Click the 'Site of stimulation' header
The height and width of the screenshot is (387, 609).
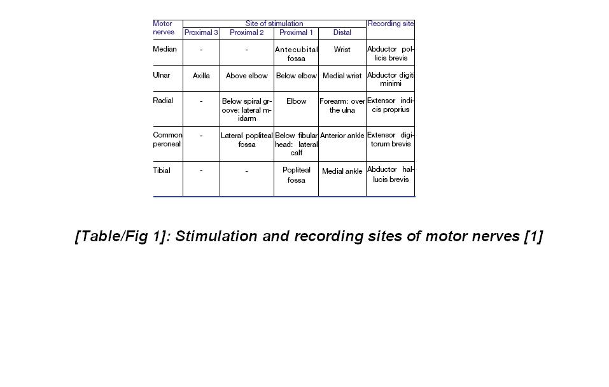point(274,24)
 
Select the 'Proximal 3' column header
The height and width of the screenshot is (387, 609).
point(201,32)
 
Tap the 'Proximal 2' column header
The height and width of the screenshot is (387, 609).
point(247,32)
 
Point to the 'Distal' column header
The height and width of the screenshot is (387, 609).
point(342,32)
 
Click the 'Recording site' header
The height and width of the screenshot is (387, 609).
point(391,24)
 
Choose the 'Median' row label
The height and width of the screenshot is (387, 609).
point(165,49)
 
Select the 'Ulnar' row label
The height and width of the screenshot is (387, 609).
point(162,75)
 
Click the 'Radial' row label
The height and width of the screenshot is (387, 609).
point(163,101)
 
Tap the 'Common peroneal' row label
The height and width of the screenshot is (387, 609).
point(167,139)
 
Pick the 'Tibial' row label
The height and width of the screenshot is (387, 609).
point(162,171)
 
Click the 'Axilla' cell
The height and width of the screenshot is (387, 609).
point(201,76)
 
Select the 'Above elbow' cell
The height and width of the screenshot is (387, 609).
point(247,76)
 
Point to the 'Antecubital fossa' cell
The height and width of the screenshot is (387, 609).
point(296,54)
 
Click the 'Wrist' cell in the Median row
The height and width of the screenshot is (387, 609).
point(342,50)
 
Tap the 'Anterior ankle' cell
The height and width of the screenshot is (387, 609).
point(342,136)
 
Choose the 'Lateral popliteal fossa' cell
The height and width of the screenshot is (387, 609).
point(247,140)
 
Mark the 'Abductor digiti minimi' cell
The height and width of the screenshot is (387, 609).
point(391,79)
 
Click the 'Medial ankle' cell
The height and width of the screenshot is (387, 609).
point(342,171)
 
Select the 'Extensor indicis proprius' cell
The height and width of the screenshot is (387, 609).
point(391,105)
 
